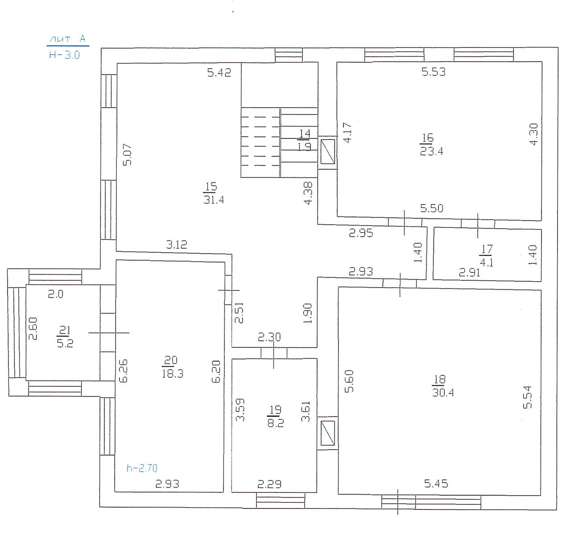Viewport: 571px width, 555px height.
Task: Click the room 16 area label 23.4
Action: click(x=431, y=151)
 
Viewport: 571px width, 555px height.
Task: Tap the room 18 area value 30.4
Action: click(x=443, y=392)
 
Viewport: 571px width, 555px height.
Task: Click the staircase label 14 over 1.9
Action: click(x=304, y=140)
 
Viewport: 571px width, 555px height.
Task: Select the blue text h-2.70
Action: click(x=142, y=467)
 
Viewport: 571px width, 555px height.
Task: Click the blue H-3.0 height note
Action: click(x=64, y=55)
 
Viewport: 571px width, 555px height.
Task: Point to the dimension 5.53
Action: click(x=434, y=72)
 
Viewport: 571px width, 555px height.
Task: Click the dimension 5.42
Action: click(x=219, y=72)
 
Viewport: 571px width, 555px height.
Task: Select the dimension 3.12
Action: click(x=176, y=244)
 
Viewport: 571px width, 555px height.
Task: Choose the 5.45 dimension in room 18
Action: click(x=436, y=484)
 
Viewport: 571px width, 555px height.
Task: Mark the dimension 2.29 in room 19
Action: click(x=269, y=484)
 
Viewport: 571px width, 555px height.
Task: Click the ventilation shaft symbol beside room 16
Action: click(x=327, y=151)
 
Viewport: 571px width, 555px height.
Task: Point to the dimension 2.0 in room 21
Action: click(x=55, y=294)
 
